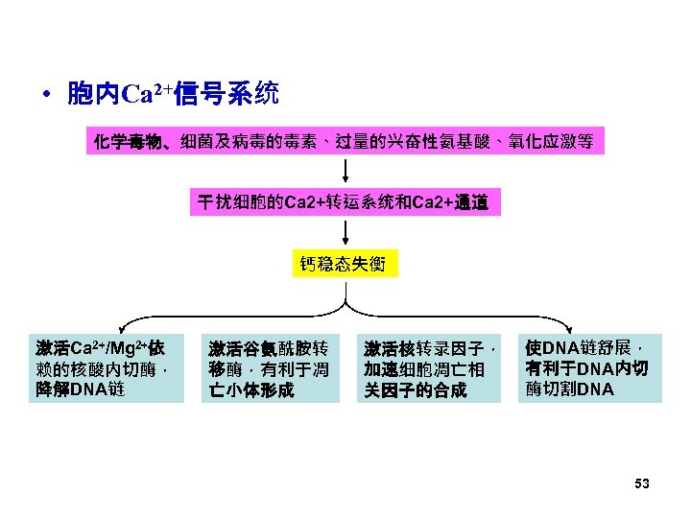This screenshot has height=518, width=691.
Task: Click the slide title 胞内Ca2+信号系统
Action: click(173, 94)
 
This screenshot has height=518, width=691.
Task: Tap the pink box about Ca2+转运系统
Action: click(344, 202)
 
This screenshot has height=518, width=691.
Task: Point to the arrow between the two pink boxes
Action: click(345, 172)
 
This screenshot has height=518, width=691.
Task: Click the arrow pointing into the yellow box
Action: click(345, 233)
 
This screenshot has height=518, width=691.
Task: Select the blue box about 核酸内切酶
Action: click(106, 368)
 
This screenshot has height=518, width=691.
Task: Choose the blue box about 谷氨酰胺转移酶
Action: click(272, 368)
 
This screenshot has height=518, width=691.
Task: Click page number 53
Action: click(642, 484)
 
